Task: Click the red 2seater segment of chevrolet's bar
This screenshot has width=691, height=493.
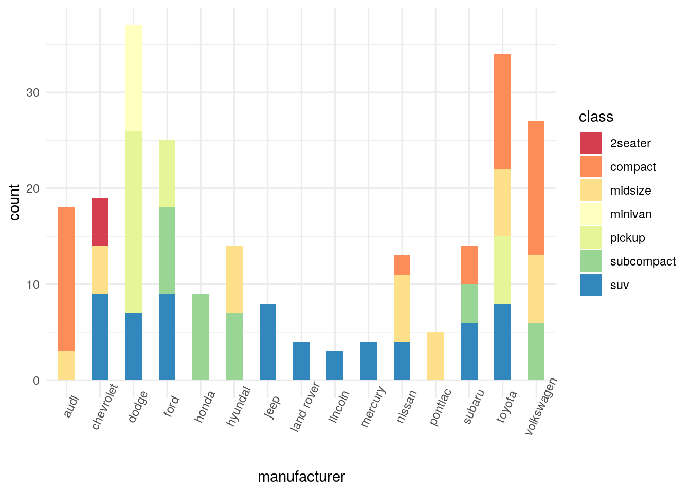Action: [x=100, y=222]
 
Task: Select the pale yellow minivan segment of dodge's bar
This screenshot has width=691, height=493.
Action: [x=133, y=78]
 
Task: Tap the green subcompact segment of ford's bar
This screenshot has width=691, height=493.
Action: [x=167, y=251]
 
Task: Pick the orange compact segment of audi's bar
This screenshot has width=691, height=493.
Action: [x=66, y=279]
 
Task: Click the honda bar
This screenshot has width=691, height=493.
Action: [x=201, y=337]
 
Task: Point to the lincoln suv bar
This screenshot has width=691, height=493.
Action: [x=335, y=366]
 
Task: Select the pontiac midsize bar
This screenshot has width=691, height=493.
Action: [x=435, y=356]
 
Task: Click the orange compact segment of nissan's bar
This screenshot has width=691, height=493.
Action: [x=402, y=265]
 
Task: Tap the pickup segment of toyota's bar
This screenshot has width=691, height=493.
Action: [x=502, y=270]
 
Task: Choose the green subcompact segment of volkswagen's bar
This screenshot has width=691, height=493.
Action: [x=536, y=351]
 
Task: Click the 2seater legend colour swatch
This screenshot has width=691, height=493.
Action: [x=590, y=143]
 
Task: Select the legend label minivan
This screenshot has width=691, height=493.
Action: [x=631, y=214]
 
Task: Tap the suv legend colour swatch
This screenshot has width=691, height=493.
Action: [x=590, y=285]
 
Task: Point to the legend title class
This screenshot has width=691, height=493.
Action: [x=596, y=117]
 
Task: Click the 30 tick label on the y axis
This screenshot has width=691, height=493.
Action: [x=33, y=92]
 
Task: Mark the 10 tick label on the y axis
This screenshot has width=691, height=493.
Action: [x=33, y=285]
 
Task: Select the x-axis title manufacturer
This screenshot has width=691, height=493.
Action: [x=301, y=477]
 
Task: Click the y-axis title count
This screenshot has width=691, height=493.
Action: [x=14, y=202]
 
